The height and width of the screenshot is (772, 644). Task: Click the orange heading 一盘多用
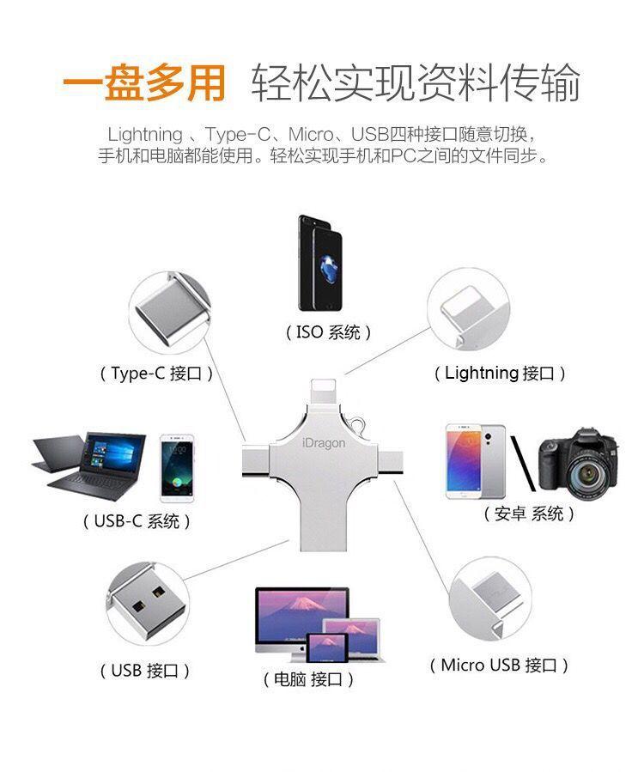click(144, 82)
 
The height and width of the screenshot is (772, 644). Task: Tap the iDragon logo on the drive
click(324, 443)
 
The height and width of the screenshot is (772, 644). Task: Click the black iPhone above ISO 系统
click(320, 263)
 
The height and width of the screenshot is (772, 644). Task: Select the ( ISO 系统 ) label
click(328, 333)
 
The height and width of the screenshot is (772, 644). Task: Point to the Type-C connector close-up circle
click(170, 313)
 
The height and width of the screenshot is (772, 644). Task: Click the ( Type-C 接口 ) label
click(156, 374)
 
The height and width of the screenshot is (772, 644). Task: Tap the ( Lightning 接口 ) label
click(500, 374)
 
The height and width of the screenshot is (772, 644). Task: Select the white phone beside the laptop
click(177, 468)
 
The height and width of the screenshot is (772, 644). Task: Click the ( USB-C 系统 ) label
click(137, 521)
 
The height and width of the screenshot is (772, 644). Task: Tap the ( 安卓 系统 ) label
click(529, 514)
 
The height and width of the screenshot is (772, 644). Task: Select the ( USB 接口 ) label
click(145, 671)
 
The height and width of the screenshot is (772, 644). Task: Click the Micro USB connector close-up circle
click(490, 599)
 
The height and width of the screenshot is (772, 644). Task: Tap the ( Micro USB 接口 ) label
click(499, 666)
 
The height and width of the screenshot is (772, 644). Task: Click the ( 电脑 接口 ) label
click(308, 679)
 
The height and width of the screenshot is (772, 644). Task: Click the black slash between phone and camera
click(522, 464)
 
